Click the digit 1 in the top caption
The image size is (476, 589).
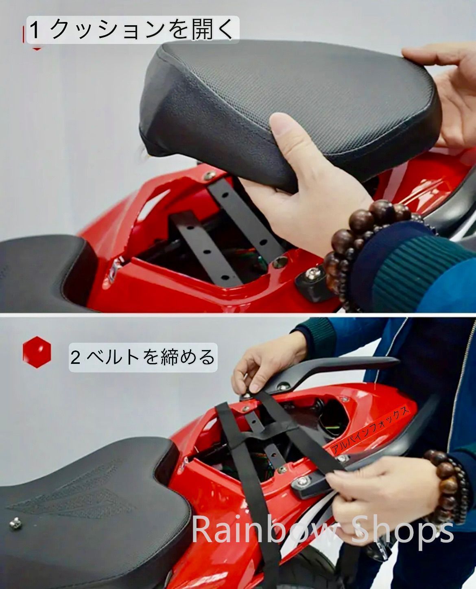click(x=35, y=30)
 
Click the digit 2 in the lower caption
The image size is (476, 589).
click(x=75, y=357)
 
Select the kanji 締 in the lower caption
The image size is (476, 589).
click(x=167, y=357)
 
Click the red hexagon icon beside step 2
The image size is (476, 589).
click(x=37, y=352)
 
